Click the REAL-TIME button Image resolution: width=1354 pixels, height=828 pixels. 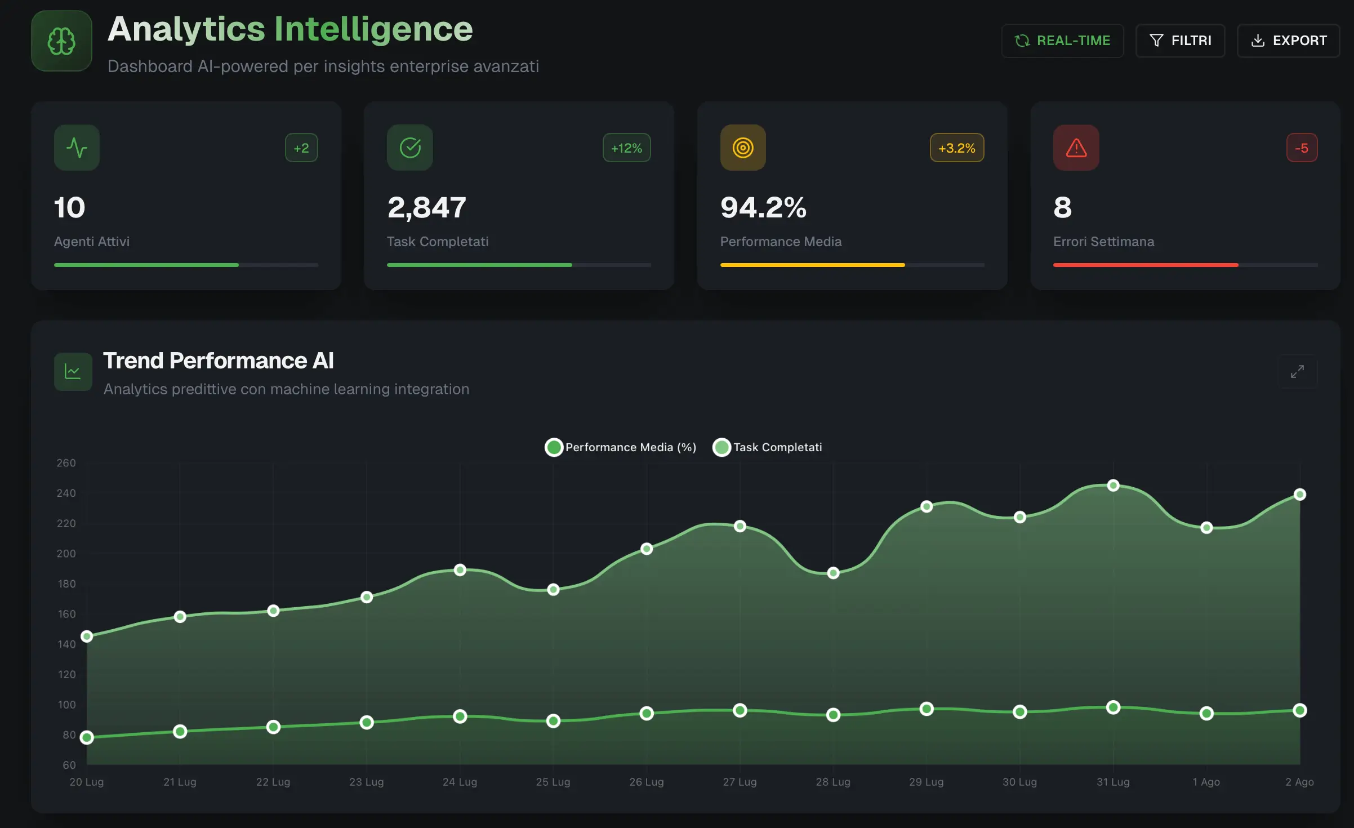[x=1062, y=41]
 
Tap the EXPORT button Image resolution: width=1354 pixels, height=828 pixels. [x=1288, y=41]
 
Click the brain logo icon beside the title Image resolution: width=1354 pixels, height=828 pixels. [x=61, y=41]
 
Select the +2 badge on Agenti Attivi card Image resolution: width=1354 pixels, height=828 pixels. [x=301, y=148]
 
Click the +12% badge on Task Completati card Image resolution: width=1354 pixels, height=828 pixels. [x=626, y=148]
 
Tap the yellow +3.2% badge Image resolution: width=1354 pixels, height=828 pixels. [x=956, y=148]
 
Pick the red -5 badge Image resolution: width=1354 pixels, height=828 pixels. [x=1302, y=148]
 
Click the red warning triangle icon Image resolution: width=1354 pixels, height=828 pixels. [x=1076, y=148]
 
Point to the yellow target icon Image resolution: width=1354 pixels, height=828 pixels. [x=743, y=148]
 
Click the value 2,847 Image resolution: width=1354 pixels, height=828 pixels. [x=426, y=207]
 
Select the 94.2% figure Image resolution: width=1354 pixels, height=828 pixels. [x=763, y=207]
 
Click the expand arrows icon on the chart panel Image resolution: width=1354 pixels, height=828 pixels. [x=1297, y=372]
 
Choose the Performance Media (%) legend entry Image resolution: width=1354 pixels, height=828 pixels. [x=620, y=447]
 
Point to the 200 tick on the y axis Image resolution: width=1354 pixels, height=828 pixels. [x=66, y=554]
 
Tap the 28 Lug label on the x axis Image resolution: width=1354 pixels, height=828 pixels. [x=832, y=782]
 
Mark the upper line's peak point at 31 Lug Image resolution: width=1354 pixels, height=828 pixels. [x=1113, y=486]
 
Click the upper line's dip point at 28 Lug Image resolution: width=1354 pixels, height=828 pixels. [x=833, y=573]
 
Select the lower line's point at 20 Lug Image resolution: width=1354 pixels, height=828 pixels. [x=87, y=738]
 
